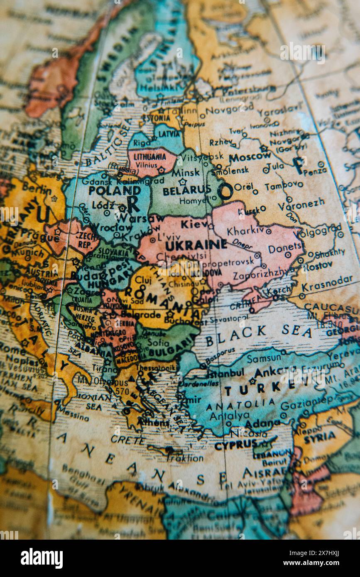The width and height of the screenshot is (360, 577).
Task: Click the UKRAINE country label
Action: (196, 244)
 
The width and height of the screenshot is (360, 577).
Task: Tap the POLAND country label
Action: (109, 191)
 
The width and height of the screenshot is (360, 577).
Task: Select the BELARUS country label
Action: (186, 191)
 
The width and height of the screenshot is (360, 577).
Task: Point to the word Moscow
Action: (250, 157)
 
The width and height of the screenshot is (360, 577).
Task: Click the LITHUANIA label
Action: (149, 157)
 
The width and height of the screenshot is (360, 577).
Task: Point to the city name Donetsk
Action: (286, 248)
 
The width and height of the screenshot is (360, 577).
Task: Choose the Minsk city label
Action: (186, 172)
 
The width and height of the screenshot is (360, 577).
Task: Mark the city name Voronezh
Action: (301, 204)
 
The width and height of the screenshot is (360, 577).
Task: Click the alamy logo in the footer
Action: (42, 558)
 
